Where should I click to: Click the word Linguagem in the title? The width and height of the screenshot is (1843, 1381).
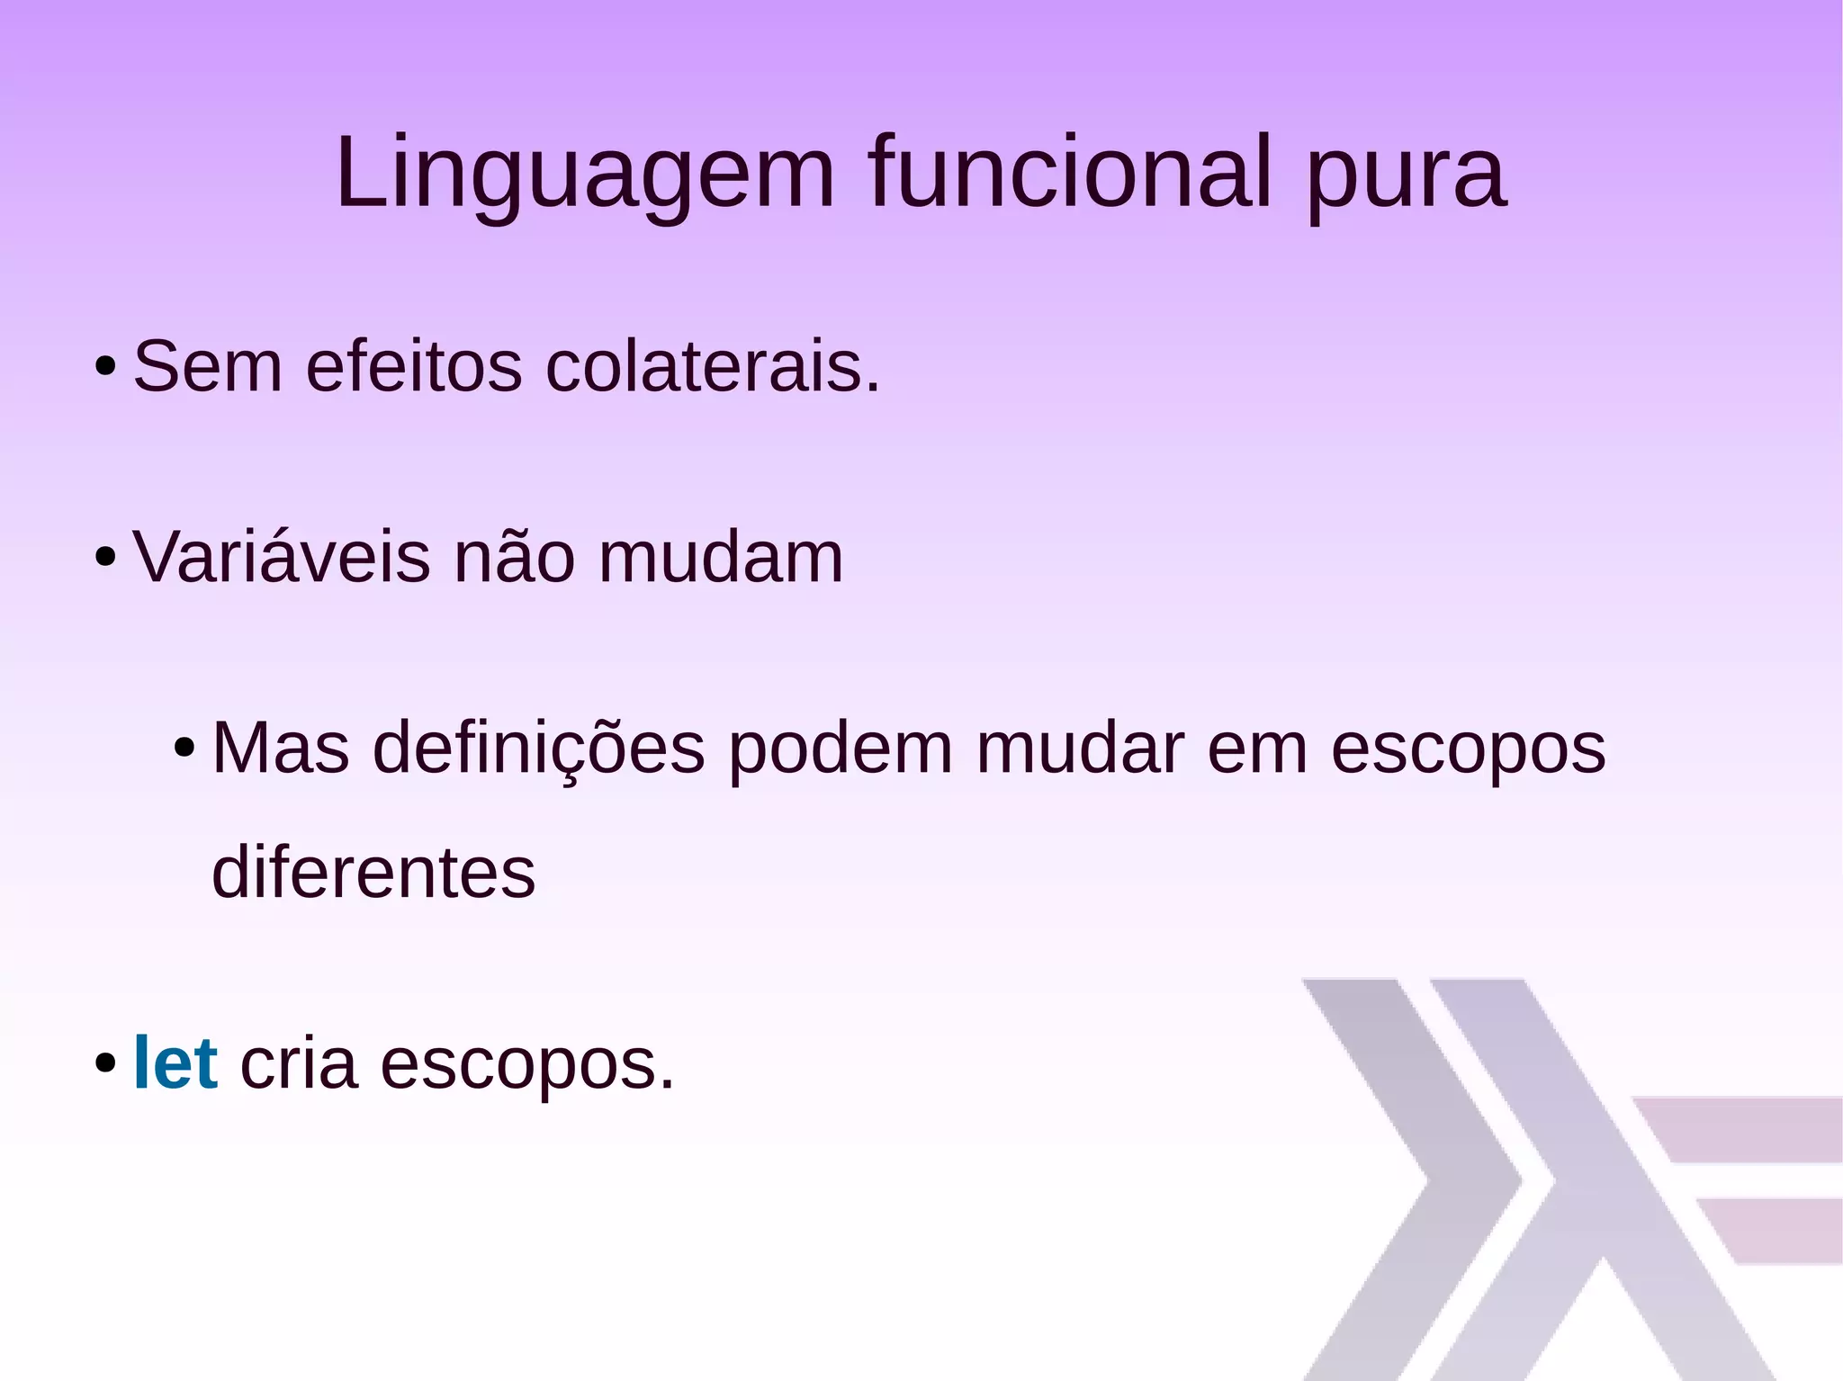coord(585,173)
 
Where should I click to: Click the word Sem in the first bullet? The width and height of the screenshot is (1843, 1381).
coord(208,367)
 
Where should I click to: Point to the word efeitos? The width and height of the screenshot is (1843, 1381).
coord(414,367)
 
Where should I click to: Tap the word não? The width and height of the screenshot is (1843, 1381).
coord(514,557)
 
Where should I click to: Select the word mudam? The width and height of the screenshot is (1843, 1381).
coord(721,557)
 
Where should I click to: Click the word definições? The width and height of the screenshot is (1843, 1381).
coord(538,749)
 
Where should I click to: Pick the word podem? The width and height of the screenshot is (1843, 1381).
coord(840,749)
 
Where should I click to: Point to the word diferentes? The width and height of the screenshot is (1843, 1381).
coord(373,873)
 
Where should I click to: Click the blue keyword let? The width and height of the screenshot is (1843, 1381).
coord(175,1063)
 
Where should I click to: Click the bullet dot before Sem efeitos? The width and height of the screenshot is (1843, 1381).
coord(105,367)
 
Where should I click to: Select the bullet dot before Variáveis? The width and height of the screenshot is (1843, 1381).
coord(105,558)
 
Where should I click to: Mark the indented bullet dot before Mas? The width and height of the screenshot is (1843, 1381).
coord(184,749)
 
